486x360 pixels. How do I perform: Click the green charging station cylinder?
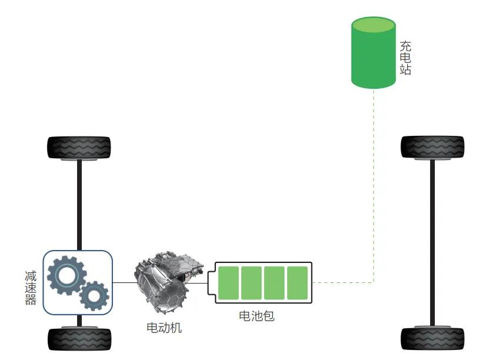coord(373,53)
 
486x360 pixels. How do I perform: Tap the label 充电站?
coord(405,58)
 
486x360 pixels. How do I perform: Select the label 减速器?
coord(31,288)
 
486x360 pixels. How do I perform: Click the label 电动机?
coord(164,328)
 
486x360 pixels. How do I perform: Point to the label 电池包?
coord(257,316)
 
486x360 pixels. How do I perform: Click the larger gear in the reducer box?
coord(66,275)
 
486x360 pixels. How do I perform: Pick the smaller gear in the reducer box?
coord(94,296)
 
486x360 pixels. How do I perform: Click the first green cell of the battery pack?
coord(228,283)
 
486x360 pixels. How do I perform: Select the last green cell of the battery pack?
coord(297,283)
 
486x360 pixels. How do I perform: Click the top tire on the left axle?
coord(79,148)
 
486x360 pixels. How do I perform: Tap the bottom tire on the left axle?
coord(79,339)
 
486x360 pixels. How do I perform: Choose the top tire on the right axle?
coord(432,147)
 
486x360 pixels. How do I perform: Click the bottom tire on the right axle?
coord(432,338)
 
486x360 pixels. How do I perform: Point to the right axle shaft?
coord(432,242)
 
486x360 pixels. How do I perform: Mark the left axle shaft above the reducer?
coord(79,205)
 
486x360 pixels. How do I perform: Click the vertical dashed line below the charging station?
coord(374,186)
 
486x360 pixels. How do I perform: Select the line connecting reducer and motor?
coord(125,282)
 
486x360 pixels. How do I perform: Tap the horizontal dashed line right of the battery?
coord(343,282)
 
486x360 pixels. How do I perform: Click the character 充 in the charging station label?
coord(405,46)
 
